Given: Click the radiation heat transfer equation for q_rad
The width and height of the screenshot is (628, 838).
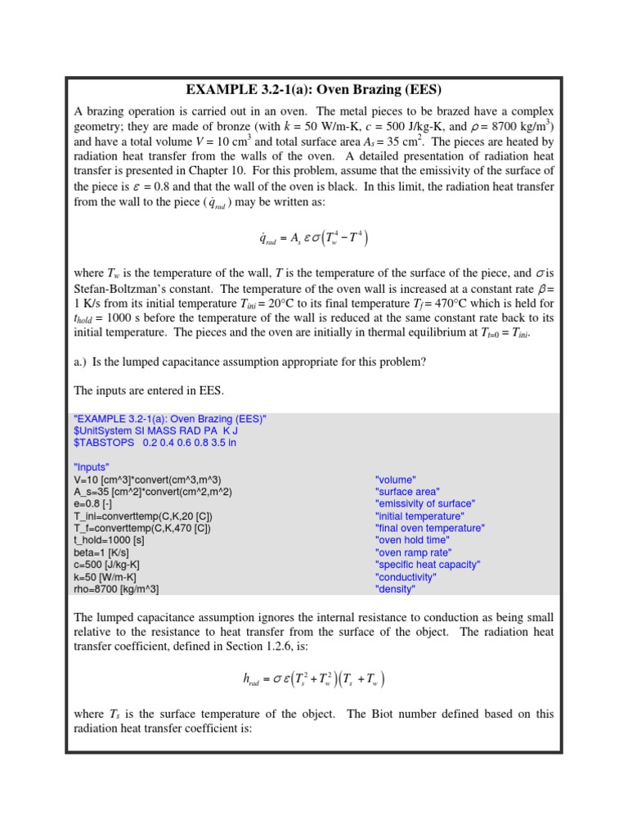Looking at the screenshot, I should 313,239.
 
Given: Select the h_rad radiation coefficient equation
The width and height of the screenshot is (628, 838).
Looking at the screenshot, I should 313,679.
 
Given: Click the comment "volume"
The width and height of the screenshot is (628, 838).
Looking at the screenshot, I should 396,480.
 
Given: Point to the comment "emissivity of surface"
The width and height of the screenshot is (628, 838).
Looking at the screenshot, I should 425,504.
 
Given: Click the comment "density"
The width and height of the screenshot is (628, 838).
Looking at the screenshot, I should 395,589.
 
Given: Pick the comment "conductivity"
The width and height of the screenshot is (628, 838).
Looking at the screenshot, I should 406,577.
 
